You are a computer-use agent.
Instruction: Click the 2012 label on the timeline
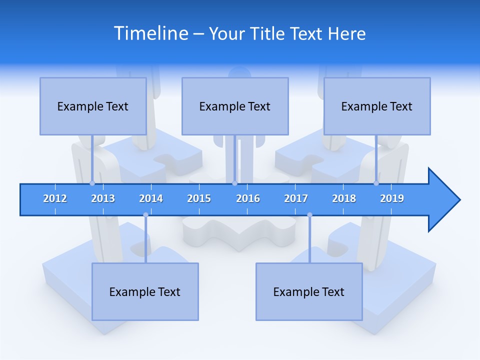coord(55,198)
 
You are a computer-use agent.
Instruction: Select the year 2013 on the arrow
coord(103,198)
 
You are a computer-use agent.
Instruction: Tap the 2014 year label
coord(151,198)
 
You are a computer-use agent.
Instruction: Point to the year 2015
coord(199,198)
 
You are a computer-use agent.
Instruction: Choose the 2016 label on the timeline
coord(248,198)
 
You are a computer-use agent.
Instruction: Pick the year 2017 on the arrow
coord(296,198)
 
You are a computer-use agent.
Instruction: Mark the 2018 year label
coord(344,198)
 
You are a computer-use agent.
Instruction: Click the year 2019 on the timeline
coord(392,198)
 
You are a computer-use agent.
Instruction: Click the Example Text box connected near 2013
coord(93,106)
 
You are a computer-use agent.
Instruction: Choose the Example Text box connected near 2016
coord(235,106)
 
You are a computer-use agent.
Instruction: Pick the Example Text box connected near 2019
coord(377,106)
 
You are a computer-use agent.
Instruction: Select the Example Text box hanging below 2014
coord(145,291)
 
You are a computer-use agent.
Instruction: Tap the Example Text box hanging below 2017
coord(309,291)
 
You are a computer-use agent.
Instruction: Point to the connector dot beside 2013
coord(92,183)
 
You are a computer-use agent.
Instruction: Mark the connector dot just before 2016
coord(234,183)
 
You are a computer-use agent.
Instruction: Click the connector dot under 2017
coord(309,215)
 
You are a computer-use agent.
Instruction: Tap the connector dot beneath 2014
coord(145,215)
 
